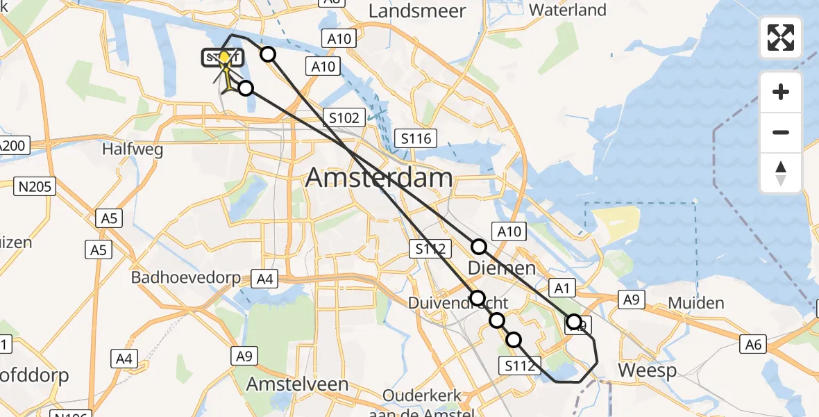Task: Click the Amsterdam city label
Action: pos(378,179)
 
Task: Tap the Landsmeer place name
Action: pos(416,10)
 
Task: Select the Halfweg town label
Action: pos(132,149)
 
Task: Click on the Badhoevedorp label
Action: pos(186,278)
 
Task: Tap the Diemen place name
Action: pos(501,268)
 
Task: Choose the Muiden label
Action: pos(696,303)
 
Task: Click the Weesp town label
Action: pos(647,370)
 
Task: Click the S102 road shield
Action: pos(344,117)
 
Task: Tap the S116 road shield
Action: pos(415,138)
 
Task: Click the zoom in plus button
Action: pos(781,92)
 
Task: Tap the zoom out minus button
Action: pos(781,132)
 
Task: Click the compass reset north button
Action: pos(781,172)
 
